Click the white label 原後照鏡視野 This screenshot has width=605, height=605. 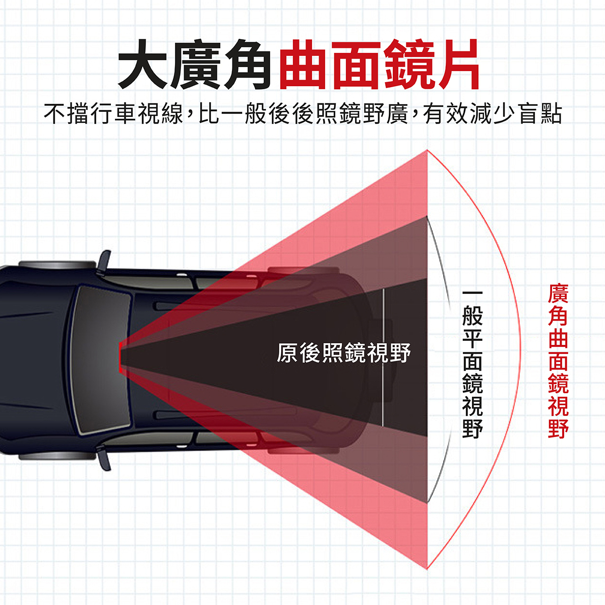coord(344,353)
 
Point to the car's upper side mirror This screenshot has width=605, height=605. coord(104,260)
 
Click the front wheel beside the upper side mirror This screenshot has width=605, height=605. coord(58,265)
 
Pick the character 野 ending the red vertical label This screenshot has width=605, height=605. coord(558,428)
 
